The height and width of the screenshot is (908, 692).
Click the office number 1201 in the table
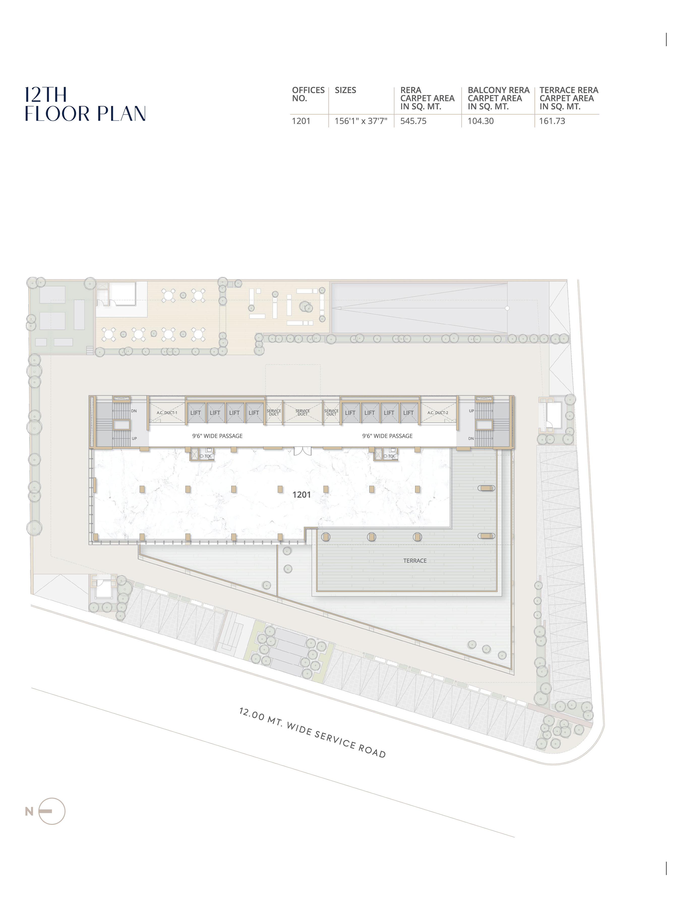tap(301, 121)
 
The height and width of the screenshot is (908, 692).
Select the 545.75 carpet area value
tap(413, 121)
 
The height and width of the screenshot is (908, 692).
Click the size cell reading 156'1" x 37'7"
tap(361, 121)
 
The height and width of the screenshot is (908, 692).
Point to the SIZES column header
tap(345, 90)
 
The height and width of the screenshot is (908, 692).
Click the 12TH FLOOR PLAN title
tap(85, 104)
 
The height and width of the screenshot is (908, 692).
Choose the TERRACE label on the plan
tap(415, 561)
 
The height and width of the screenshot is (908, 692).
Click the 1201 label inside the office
tap(302, 495)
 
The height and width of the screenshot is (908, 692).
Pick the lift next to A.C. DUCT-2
tap(408, 412)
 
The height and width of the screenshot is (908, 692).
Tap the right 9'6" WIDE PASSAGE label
tap(387, 436)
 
